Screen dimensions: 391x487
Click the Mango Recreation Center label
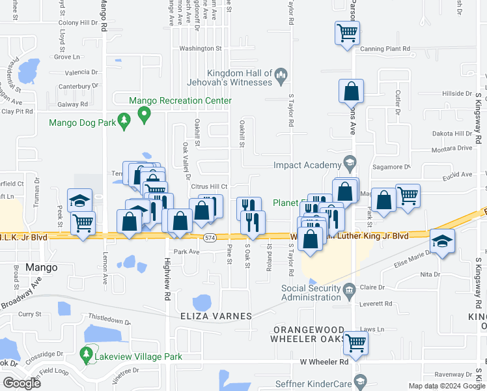pos(180,101)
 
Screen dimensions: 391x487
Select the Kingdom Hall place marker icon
pos(281,76)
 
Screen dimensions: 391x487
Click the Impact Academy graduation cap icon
pos(349,163)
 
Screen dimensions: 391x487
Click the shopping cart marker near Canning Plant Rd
pos(347,32)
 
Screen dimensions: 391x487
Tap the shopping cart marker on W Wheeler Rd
pos(355,341)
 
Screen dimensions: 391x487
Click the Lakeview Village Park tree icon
pos(86,355)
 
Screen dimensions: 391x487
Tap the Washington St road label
pos(201,48)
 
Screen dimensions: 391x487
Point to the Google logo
pos(21,383)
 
